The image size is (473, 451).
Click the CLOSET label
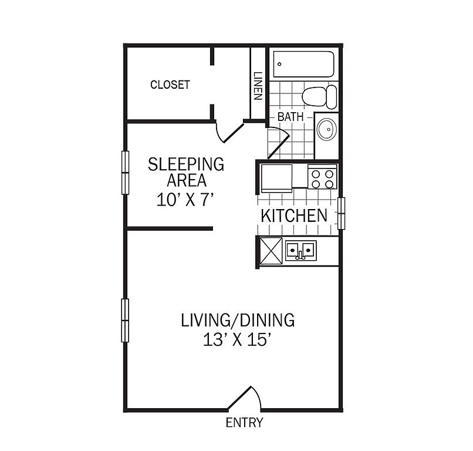(170, 85)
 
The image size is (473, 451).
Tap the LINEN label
(258, 86)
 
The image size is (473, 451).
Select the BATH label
(290, 117)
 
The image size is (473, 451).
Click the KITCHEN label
(294, 216)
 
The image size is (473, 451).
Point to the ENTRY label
(244, 422)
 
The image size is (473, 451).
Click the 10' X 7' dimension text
(185, 200)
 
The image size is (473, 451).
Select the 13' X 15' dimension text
(236, 339)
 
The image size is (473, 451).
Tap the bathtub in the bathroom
(303, 64)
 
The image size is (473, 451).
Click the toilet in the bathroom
(319, 96)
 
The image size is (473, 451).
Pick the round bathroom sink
(326, 129)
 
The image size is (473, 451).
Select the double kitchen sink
(300, 250)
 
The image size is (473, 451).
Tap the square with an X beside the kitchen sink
(271, 250)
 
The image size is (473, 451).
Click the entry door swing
(244, 398)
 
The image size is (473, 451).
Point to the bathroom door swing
(278, 143)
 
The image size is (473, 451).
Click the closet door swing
(230, 132)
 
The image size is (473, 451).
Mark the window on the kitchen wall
(341, 213)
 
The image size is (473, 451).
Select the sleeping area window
(125, 173)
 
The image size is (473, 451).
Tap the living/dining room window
(125, 321)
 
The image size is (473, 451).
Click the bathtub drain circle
(279, 64)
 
